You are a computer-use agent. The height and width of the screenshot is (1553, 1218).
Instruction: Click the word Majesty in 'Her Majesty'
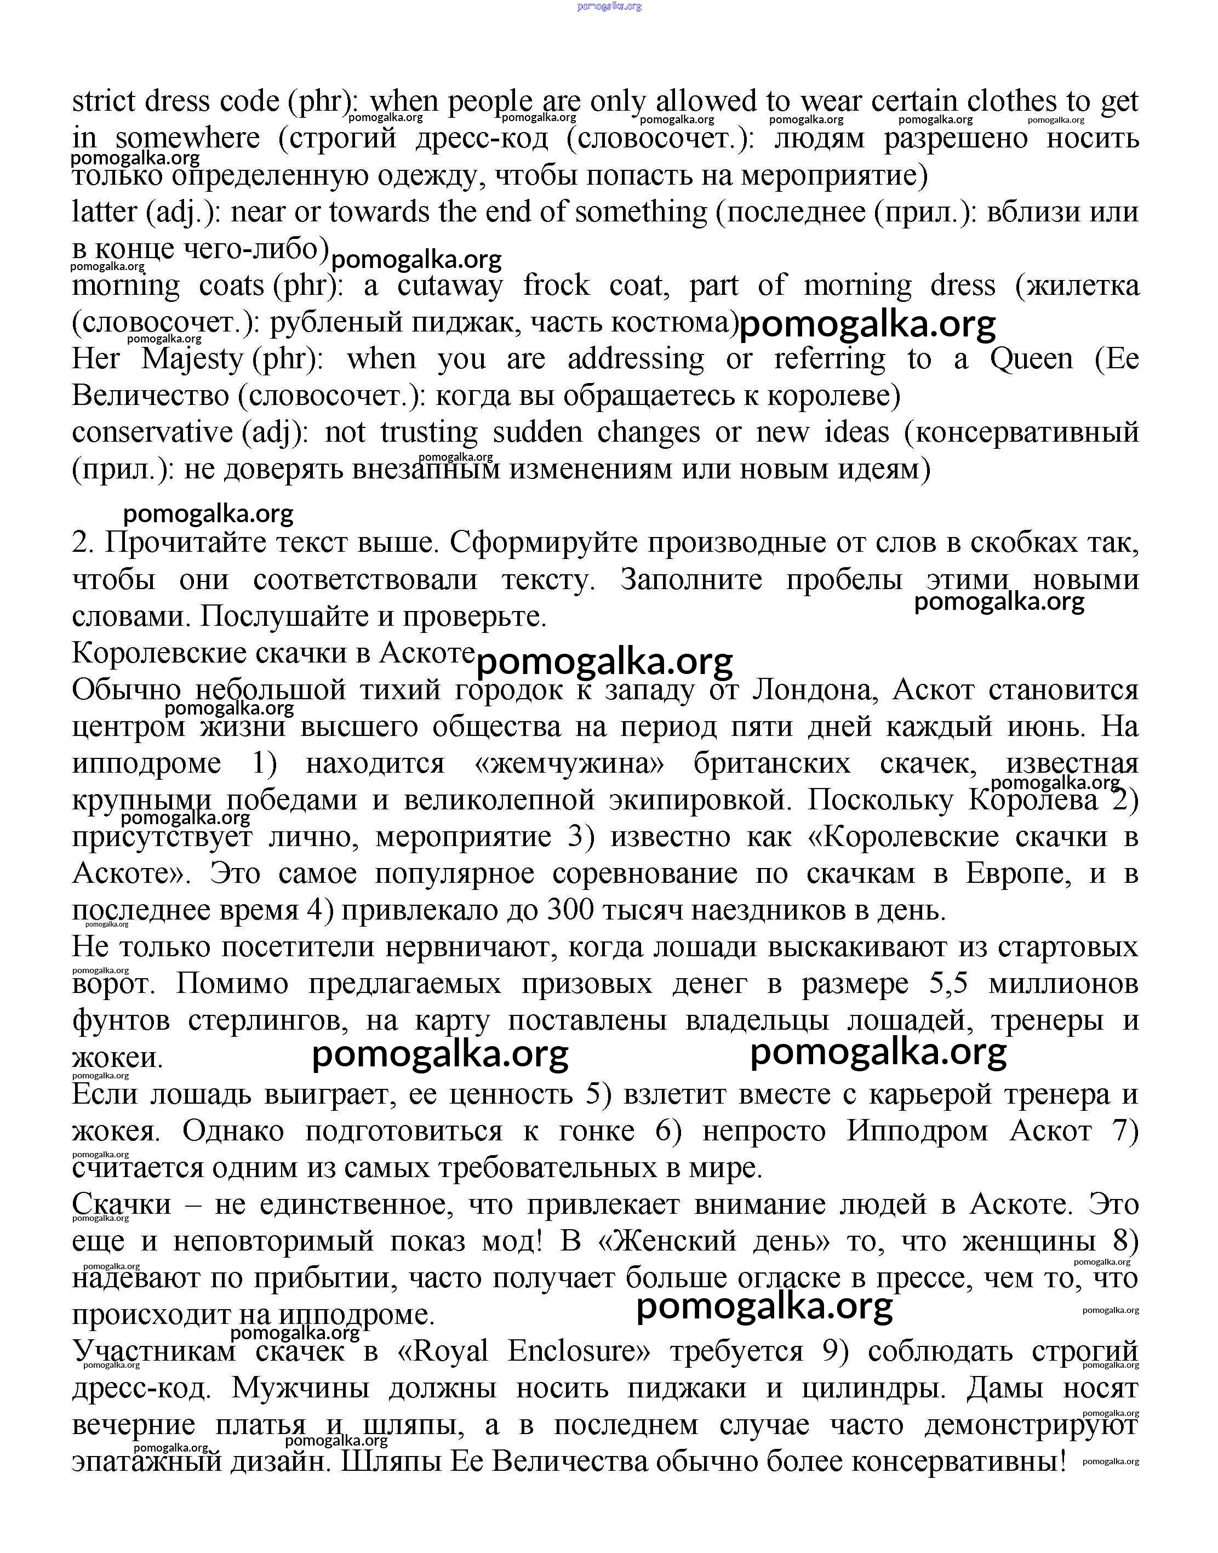(x=191, y=359)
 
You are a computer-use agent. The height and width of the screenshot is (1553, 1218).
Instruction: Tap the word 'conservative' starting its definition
(x=152, y=432)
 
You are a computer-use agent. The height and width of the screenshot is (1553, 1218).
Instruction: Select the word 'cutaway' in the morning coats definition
(x=450, y=286)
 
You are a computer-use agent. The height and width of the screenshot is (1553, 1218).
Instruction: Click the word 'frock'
(x=556, y=286)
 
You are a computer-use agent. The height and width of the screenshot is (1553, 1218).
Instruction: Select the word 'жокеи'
(x=117, y=1058)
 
